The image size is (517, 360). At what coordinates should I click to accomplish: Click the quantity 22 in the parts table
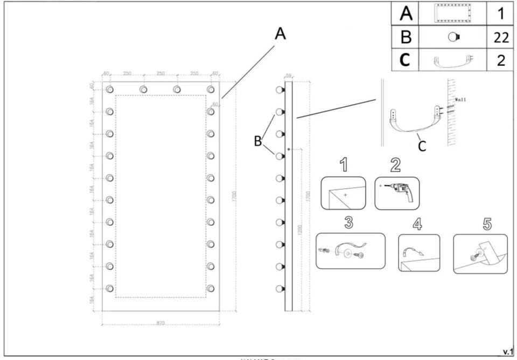pyautogui.click(x=501, y=37)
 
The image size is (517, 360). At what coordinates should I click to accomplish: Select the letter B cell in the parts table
pyautogui.click(x=406, y=37)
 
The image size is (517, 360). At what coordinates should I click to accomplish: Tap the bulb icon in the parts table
pyautogui.click(x=453, y=37)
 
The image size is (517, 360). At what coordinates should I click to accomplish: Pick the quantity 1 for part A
pyautogui.click(x=501, y=13)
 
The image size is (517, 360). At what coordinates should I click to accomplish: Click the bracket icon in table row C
pyautogui.click(x=453, y=60)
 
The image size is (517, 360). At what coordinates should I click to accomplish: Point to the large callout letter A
pyautogui.click(x=280, y=34)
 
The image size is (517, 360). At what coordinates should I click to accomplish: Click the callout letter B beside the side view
pyautogui.click(x=258, y=142)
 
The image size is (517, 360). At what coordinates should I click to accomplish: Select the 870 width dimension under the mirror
pyautogui.click(x=160, y=323)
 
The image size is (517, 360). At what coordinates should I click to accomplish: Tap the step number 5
pyautogui.click(x=479, y=223)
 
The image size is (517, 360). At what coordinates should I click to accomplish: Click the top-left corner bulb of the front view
pyautogui.click(x=110, y=89)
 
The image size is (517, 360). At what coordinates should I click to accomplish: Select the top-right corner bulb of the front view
pyautogui.click(x=211, y=89)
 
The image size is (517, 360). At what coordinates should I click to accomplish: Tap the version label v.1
pyautogui.click(x=507, y=352)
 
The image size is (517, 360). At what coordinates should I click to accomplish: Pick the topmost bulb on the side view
pyautogui.click(x=279, y=90)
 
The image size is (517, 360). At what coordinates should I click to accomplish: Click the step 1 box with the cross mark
pyautogui.click(x=343, y=193)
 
